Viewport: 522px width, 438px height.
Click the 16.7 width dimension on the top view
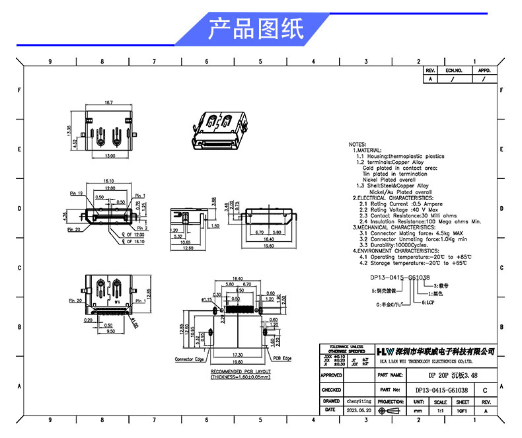tap(109, 102)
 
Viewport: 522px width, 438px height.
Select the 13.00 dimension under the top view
tap(110, 155)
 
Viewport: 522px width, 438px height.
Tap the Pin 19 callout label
tap(76, 194)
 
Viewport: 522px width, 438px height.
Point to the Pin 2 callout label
tap(140, 228)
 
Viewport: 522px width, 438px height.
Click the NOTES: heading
tap(357, 144)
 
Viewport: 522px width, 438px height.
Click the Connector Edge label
tap(189, 360)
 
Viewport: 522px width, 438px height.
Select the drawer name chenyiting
tap(359, 401)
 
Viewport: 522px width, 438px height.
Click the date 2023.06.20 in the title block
tap(359, 410)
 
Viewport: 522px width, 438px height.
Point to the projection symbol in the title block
tap(391, 410)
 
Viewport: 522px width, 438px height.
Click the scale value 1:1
tap(439, 410)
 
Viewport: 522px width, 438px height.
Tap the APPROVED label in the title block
tap(331, 375)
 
